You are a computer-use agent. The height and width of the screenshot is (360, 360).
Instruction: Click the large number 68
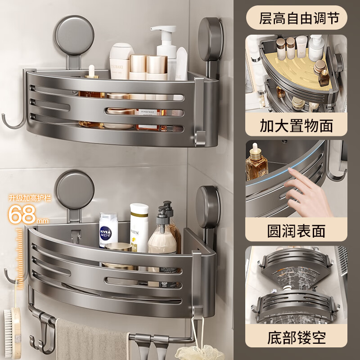point(22,214)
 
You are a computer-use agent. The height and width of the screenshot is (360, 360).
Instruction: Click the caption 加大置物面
point(297,126)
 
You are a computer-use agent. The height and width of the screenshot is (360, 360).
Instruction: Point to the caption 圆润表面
point(297,231)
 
